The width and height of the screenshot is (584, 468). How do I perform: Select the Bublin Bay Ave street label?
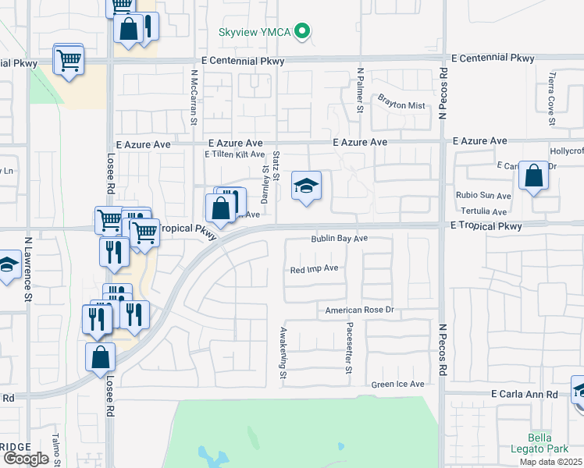click(x=339, y=239)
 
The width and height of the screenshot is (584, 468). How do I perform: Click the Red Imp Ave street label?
click(x=314, y=268)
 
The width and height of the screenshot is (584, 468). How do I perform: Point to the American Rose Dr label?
click(x=362, y=310)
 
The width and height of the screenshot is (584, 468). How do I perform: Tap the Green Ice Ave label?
click(x=397, y=384)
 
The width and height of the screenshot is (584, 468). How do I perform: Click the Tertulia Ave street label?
click(x=483, y=211)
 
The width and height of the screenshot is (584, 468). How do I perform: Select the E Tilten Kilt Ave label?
click(x=233, y=155)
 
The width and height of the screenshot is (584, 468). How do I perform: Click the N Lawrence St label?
click(x=27, y=269)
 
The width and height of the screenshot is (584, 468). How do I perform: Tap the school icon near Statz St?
click(x=307, y=186)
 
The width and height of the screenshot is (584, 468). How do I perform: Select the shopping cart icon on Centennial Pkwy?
click(x=69, y=59)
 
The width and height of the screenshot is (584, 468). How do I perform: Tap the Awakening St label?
click(x=283, y=353)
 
